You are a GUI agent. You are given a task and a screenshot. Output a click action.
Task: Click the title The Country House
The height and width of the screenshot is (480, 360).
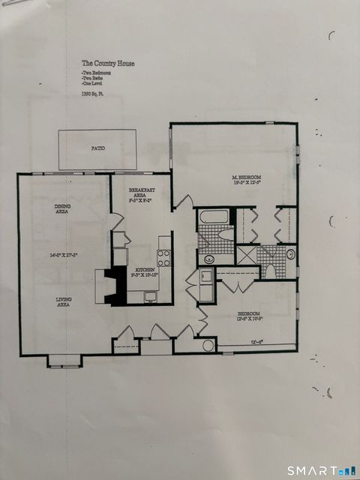click(x=108, y=64)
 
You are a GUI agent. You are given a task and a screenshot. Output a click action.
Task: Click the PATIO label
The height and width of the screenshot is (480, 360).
click(x=97, y=148)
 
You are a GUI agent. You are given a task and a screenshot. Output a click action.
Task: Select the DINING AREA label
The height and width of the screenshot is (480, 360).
click(x=63, y=209)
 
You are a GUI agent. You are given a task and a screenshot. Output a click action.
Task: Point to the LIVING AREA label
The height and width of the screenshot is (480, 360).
click(x=64, y=302)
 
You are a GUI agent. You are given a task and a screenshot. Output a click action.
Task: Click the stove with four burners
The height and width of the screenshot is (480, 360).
click(x=164, y=257)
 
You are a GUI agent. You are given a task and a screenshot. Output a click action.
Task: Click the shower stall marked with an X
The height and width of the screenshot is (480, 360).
click(x=246, y=254)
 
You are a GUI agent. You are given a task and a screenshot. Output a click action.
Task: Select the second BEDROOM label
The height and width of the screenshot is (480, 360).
click(x=249, y=316)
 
